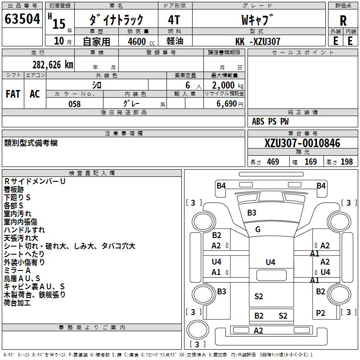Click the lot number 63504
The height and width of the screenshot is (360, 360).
(22, 19)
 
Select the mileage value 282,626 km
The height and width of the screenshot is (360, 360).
(53, 65)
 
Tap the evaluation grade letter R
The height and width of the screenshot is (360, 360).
(343, 21)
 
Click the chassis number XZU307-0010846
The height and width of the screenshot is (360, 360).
(302, 143)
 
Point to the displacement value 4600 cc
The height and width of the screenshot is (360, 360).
(141, 41)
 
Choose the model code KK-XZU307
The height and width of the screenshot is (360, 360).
(258, 41)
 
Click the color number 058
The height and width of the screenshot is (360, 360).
(75, 104)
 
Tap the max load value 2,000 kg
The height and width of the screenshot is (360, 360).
(228, 85)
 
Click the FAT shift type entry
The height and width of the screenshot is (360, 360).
(13, 94)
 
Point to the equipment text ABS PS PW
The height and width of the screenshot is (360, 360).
(270, 121)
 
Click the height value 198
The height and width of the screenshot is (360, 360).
(346, 162)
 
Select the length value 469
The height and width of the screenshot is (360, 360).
(273, 162)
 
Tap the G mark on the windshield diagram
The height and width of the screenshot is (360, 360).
(258, 229)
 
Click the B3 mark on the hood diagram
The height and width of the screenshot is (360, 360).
(252, 212)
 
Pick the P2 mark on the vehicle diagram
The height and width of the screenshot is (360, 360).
(320, 313)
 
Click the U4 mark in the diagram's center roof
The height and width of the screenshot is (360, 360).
(270, 262)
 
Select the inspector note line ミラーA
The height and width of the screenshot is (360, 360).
(17, 270)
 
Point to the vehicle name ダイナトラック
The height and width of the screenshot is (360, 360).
(116, 20)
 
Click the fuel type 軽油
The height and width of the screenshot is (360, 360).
(175, 41)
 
